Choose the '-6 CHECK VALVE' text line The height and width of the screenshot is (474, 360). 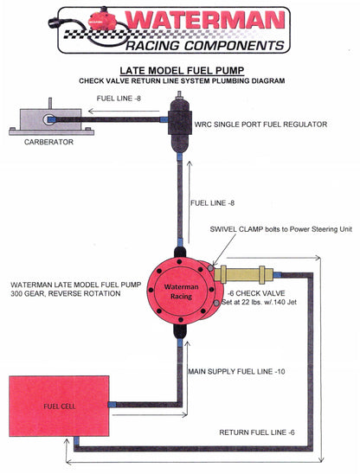click(x=246, y=293)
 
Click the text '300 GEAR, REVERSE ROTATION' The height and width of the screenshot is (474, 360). click(x=64, y=294)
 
